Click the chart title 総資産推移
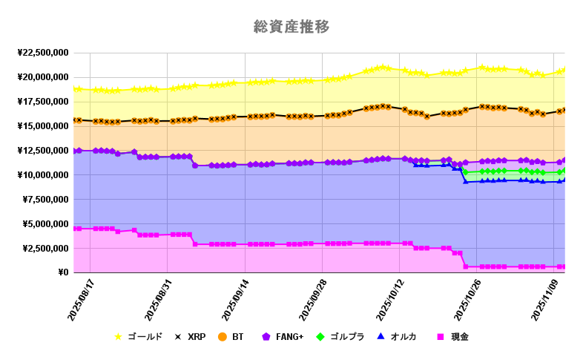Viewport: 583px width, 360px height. (x=291, y=27)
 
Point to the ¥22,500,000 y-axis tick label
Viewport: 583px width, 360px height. (x=43, y=53)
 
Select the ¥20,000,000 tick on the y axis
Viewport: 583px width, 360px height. (x=43, y=77)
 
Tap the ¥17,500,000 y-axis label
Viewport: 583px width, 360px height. (x=43, y=102)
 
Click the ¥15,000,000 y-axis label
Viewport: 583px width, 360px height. (x=43, y=126)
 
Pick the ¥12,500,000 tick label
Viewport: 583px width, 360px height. (x=43, y=151)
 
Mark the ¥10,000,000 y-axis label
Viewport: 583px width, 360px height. (x=43, y=175)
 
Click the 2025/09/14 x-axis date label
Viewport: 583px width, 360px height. (x=237, y=301)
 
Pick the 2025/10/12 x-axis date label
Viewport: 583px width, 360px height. (x=392, y=301)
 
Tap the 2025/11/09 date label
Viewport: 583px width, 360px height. (x=547, y=301)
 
